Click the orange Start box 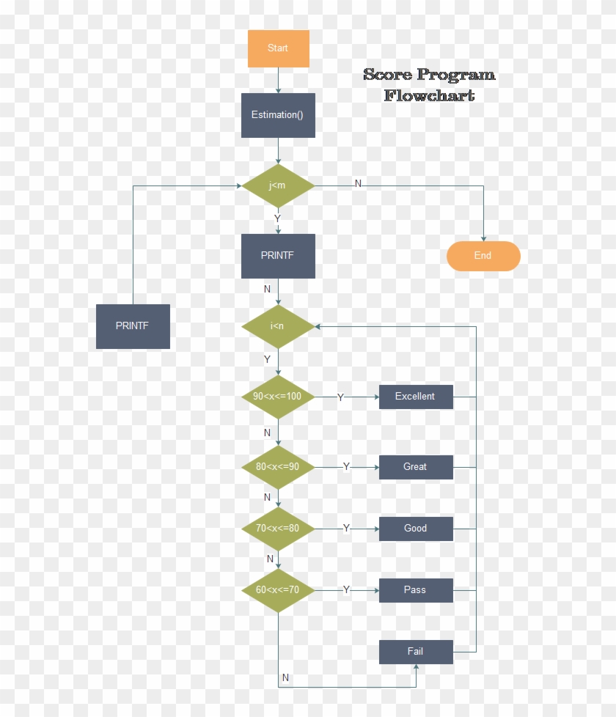coord(278,48)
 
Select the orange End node coord(483,256)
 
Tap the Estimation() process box coord(278,115)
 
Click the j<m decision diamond coord(278,185)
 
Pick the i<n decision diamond coord(278,326)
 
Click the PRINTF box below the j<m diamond coord(278,256)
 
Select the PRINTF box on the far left coord(133,326)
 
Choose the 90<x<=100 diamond coord(278,397)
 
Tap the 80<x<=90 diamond coord(278,467)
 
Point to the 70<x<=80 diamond coord(278,529)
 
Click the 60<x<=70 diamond coord(278,590)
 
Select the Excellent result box coord(416,397)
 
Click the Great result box coord(416,467)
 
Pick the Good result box coord(416,529)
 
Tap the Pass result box coord(416,590)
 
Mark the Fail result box coord(416,652)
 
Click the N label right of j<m coord(358,183)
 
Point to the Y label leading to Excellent coord(340,397)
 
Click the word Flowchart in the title coord(429,95)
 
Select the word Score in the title coord(388,75)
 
